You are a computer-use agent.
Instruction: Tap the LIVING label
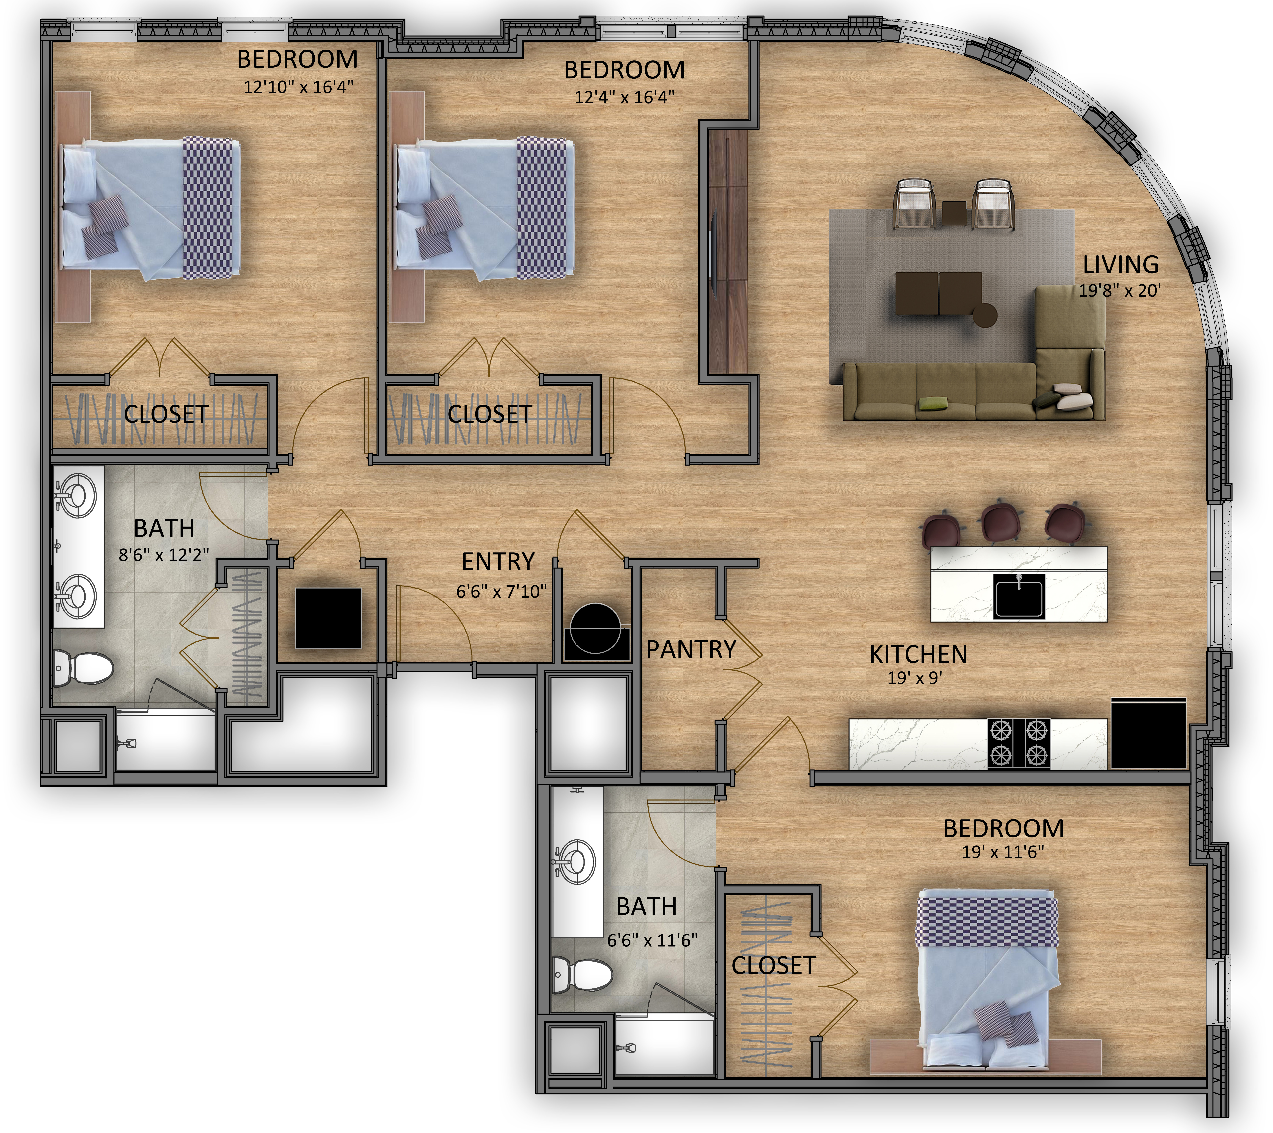click(x=1120, y=265)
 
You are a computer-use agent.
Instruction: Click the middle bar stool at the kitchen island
click(x=1001, y=522)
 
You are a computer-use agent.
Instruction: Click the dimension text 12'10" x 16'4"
click(x=298, y=86)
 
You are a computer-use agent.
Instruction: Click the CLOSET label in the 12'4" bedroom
click(x=489, y=414)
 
